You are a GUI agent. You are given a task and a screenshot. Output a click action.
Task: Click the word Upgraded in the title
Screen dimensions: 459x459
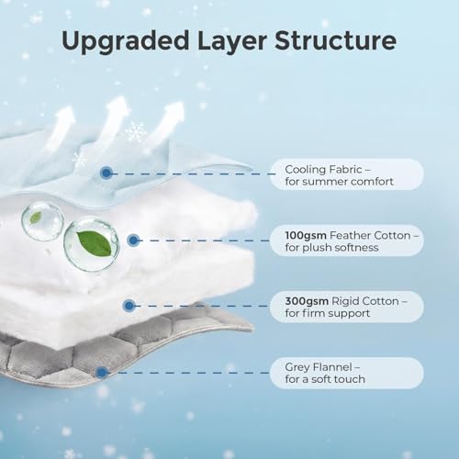point(125,41)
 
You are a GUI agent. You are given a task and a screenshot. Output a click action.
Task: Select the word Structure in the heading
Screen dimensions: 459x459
point(336,40)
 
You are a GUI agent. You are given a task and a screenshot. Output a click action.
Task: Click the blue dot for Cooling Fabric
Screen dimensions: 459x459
point(106,173)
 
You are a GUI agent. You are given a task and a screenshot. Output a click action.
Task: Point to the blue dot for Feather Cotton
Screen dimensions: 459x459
point(133,241)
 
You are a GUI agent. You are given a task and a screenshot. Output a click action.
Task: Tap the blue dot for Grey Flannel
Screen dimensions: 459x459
point(102,373)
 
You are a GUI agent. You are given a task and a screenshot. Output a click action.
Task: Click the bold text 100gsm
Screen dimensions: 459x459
point(306,235)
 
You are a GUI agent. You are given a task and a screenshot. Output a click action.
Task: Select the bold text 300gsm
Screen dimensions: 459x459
point(307,301)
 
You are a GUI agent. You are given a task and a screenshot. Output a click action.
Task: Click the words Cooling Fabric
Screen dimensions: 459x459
point(323,169)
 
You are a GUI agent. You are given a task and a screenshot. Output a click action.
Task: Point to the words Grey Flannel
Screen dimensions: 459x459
point(319,367)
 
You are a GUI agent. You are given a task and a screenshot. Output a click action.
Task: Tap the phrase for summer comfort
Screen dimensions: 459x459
point(340,182)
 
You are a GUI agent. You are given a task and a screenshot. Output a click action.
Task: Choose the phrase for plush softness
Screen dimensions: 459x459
point(331,247)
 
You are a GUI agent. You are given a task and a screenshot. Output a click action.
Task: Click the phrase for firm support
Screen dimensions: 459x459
point(328,313)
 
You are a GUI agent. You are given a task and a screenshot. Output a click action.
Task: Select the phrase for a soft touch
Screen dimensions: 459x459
point(325,379)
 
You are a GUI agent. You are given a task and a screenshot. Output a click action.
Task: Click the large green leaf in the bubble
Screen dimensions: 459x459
point(95,242)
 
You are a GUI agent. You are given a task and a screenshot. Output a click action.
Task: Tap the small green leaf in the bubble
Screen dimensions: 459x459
point(36,218)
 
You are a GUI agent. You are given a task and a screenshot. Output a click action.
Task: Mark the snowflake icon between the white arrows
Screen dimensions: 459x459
point(135,131)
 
